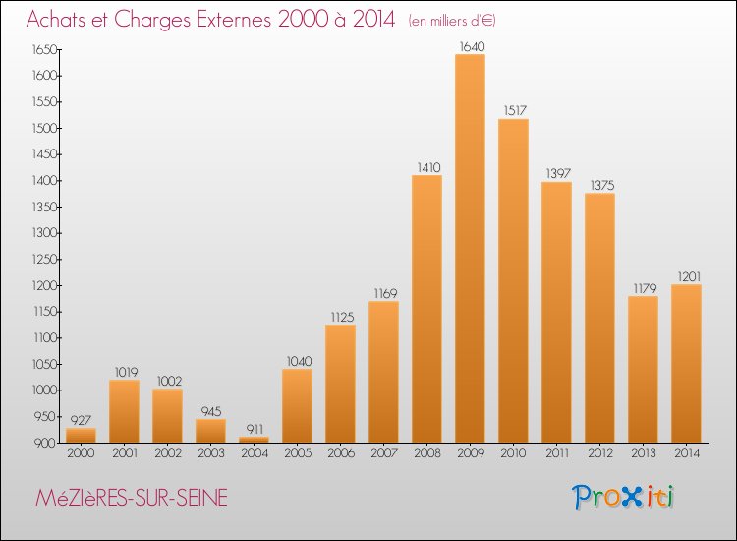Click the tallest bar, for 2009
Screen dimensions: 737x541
click(x=470, y=249)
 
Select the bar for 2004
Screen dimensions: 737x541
click(x=254, y=440)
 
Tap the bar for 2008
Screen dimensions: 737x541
click(x=426, y=309)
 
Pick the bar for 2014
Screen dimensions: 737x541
click(x=686, y=364)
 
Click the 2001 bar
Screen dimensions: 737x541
click(x=124, y=411)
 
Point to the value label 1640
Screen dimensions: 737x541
click(x=472, y=46)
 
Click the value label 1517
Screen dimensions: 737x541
click(x=515, y=110)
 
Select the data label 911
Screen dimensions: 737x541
click(x=255, y=429)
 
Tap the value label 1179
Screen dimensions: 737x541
click(x=645, y=288)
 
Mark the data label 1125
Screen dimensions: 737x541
click(x=342, y=317)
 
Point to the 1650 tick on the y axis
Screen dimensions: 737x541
click(x=44, y=50)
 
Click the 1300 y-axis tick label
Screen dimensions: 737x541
click(x=44, y=233)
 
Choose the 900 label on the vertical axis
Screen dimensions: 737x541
click(x=45, y=444)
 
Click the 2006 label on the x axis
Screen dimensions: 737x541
click(x=341, y=453)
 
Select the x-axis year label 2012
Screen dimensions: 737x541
click(x=600, y=453)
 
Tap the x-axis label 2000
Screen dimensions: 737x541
click(x=81, y=453)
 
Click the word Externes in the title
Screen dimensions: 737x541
click(x=234, y=20)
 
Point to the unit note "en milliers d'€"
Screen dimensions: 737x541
click(x=452, y=21)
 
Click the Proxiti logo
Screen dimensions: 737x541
click(x=623, y=497)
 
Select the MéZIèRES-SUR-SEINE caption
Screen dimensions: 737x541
click(x=132, y=498)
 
